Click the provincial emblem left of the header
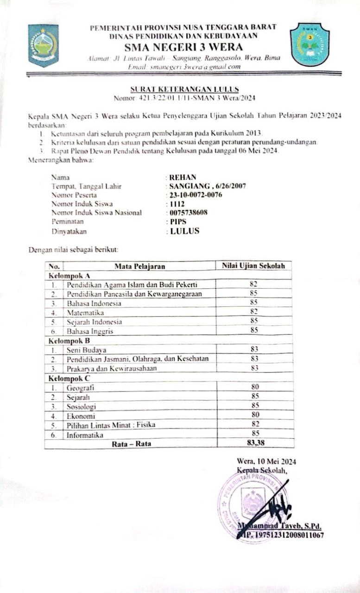(x=43, y=45)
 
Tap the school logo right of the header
(x=309, y=45)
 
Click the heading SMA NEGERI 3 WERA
(x=183, y=47)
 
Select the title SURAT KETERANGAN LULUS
(x=184, y=89)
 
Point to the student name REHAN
(x=183, y=177)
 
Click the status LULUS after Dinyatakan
(x=184, y=231)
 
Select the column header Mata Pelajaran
(x=139, y=266)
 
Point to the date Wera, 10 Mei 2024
(x=266, y=461)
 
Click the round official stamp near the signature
(x=250, y=503)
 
